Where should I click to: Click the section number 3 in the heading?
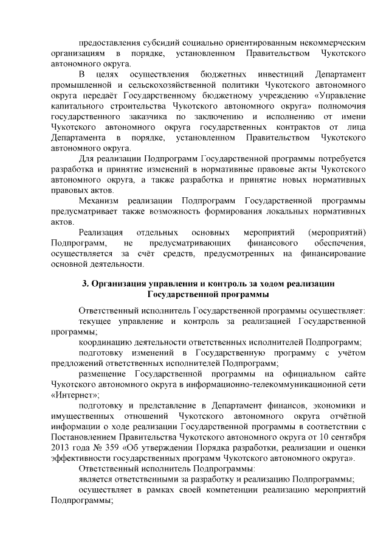[x=85, y=284]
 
